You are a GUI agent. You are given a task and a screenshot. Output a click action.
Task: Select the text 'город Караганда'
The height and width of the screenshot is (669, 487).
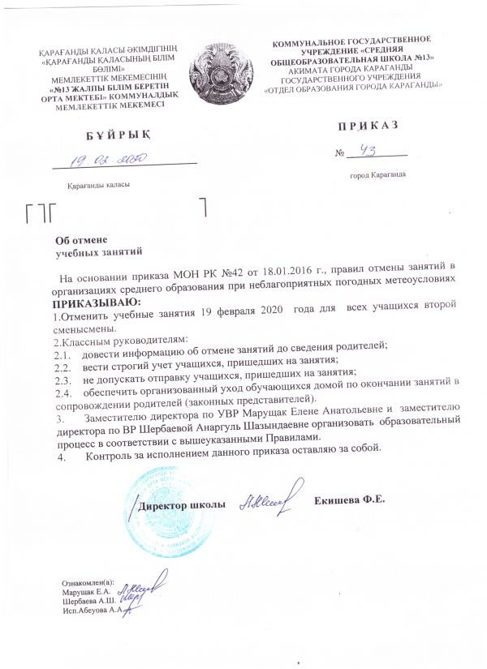click(x=377, y=175)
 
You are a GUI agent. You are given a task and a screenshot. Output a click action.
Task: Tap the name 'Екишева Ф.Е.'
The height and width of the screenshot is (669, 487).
click(x=349, y=499)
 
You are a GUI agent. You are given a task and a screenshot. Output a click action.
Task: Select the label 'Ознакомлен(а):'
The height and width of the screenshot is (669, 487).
click(x=89, y=581)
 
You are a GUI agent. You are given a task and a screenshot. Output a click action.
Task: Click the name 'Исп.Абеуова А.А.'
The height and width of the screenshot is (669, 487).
click(x=93, y=610)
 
